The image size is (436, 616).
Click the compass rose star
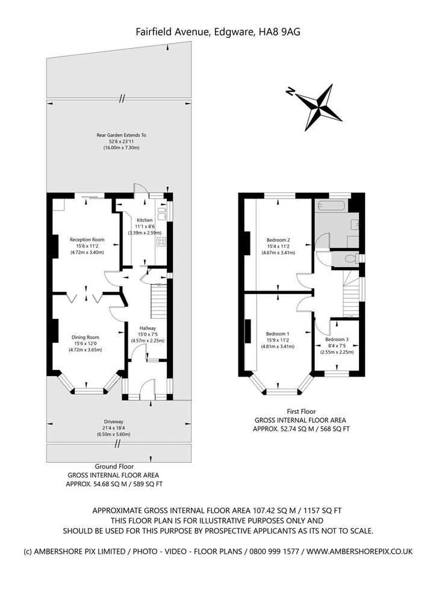pos(319,107)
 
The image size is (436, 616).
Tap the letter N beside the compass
pos(290,91)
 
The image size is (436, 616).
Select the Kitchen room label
pos(145,220)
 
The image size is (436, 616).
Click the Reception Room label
pos(87,239)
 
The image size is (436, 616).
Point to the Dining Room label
pos(86,337)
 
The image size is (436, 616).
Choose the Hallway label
pos(148,328)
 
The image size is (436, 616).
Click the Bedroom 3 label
pos(337,339)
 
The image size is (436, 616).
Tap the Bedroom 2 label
pos(278,240)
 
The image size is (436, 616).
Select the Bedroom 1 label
pos(278,334)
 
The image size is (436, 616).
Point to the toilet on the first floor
pos(350,259)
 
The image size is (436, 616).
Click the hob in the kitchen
pos(161,242)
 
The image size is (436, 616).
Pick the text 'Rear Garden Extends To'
pos(122,135)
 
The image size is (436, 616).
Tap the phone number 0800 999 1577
pos(271,552)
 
